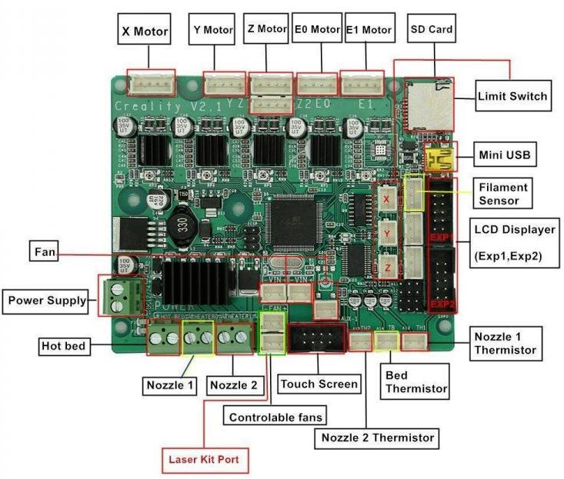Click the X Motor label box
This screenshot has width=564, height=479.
point(144,32)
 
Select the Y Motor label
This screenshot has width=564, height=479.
point(212,30)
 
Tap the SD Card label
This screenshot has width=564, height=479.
point(431,30)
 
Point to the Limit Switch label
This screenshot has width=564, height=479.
point(512,96)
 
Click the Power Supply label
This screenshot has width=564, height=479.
point(47,300)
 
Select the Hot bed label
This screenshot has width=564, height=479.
point(63,347)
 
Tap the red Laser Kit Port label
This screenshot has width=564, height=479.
point(204,460)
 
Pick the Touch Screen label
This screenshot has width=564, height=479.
point(319,383)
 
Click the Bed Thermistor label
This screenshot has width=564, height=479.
point(415,381)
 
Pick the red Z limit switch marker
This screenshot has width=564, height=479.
point(387,265)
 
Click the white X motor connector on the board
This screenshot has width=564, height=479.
point(151,81)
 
